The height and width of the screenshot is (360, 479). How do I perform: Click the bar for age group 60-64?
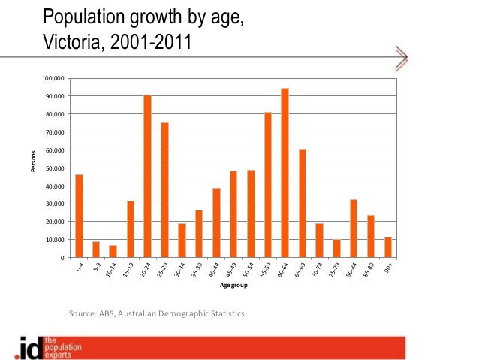click(285, 173)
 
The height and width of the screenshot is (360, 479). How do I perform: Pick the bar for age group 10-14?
click(113, 251)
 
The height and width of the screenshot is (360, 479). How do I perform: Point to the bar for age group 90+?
click(388, 247)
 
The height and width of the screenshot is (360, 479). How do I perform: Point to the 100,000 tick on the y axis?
click(53, 78)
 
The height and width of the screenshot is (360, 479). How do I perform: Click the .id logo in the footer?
click(28, 348)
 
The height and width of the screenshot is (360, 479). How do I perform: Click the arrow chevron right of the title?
click(401, 57)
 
